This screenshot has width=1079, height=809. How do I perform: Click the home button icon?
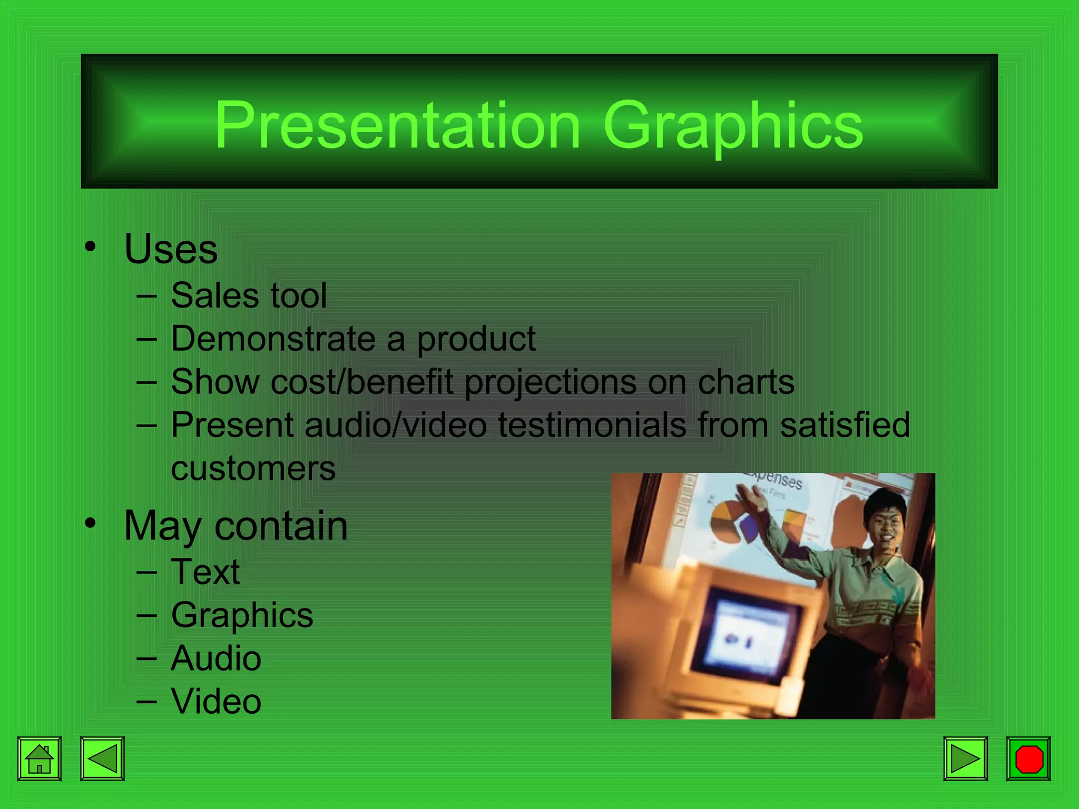40,758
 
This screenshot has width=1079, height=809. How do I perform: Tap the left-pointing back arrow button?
102,758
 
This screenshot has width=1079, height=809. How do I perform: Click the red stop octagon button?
1028,758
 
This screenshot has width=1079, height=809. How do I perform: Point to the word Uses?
171,249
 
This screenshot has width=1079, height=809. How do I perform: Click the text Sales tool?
249,295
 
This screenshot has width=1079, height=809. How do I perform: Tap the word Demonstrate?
273,338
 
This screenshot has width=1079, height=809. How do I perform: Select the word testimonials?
592,425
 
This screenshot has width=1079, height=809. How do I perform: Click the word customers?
253,469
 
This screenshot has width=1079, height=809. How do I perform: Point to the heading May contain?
236,526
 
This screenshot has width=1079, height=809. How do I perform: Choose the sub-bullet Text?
205,572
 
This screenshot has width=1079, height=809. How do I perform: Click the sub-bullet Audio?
215,658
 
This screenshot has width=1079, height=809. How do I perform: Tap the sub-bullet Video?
215,702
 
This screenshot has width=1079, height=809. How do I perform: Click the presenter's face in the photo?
885,521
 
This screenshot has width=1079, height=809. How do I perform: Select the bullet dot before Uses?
91,246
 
